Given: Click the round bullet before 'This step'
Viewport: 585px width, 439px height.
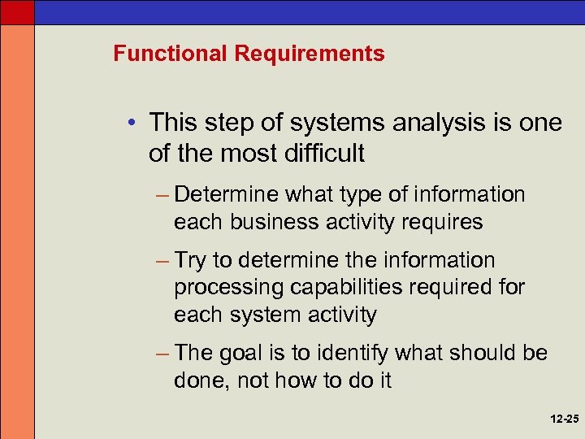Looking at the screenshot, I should pos(133,124).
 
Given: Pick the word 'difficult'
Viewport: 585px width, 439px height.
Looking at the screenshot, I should pos(323,152).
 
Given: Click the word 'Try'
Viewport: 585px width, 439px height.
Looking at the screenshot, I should pos(190,261).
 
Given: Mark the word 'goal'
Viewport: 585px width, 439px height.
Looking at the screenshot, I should pos(242,354).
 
